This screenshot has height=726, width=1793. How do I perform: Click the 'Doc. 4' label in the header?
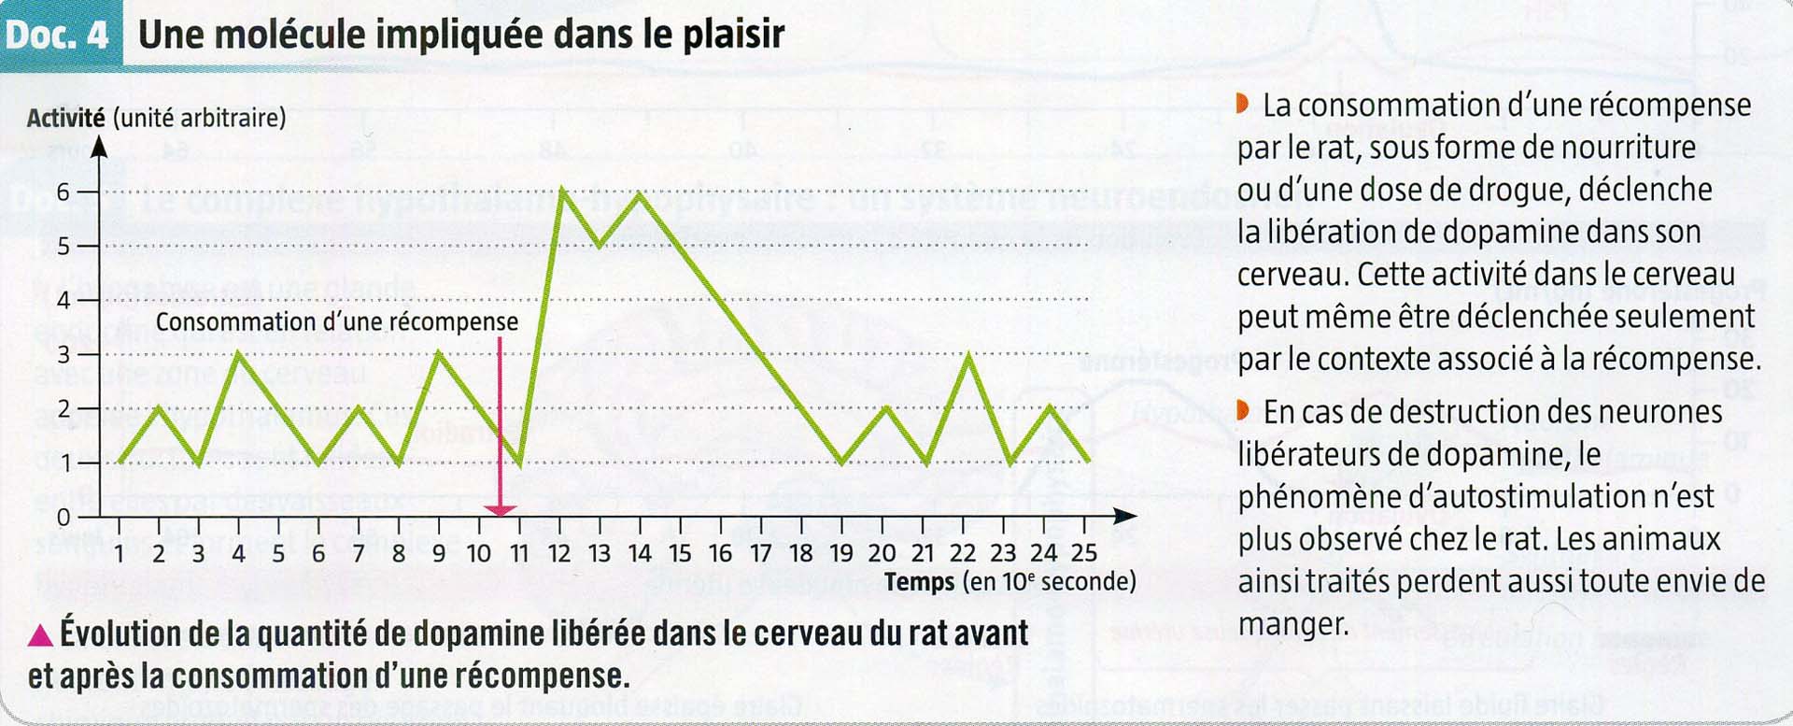[x=57, y=36]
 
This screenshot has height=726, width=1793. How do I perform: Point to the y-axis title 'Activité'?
[x=65, y=119]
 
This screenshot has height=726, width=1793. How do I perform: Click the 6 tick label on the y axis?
[x=64, y=192]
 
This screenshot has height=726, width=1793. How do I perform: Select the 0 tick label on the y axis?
[x=64, y=517]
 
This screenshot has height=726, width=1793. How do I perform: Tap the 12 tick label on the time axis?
[x=558, y=554]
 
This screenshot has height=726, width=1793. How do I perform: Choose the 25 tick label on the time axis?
[x=1083, y=553]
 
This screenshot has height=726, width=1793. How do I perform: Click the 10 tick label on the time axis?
[x=478, y=554]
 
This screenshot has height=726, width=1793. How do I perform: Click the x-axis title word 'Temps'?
[x=920, y=582]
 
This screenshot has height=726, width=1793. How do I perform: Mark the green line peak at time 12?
[x=561, y=190]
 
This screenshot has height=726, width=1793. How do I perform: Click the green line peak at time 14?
[x=640, y=193]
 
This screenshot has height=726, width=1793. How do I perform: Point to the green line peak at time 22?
[x=970, y=355]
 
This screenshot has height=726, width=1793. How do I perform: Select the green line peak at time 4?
[x=239, y=353]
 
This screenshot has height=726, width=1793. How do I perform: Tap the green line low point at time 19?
[x=842, y=462]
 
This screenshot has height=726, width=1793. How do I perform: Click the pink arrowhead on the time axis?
[x=501, y=510]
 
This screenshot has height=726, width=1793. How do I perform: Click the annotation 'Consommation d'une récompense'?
[x=336, y=322]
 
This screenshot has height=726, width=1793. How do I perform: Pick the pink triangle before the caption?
[x=40, y=636]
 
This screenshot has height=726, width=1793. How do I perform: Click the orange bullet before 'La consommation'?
[x=1242, y=104]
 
